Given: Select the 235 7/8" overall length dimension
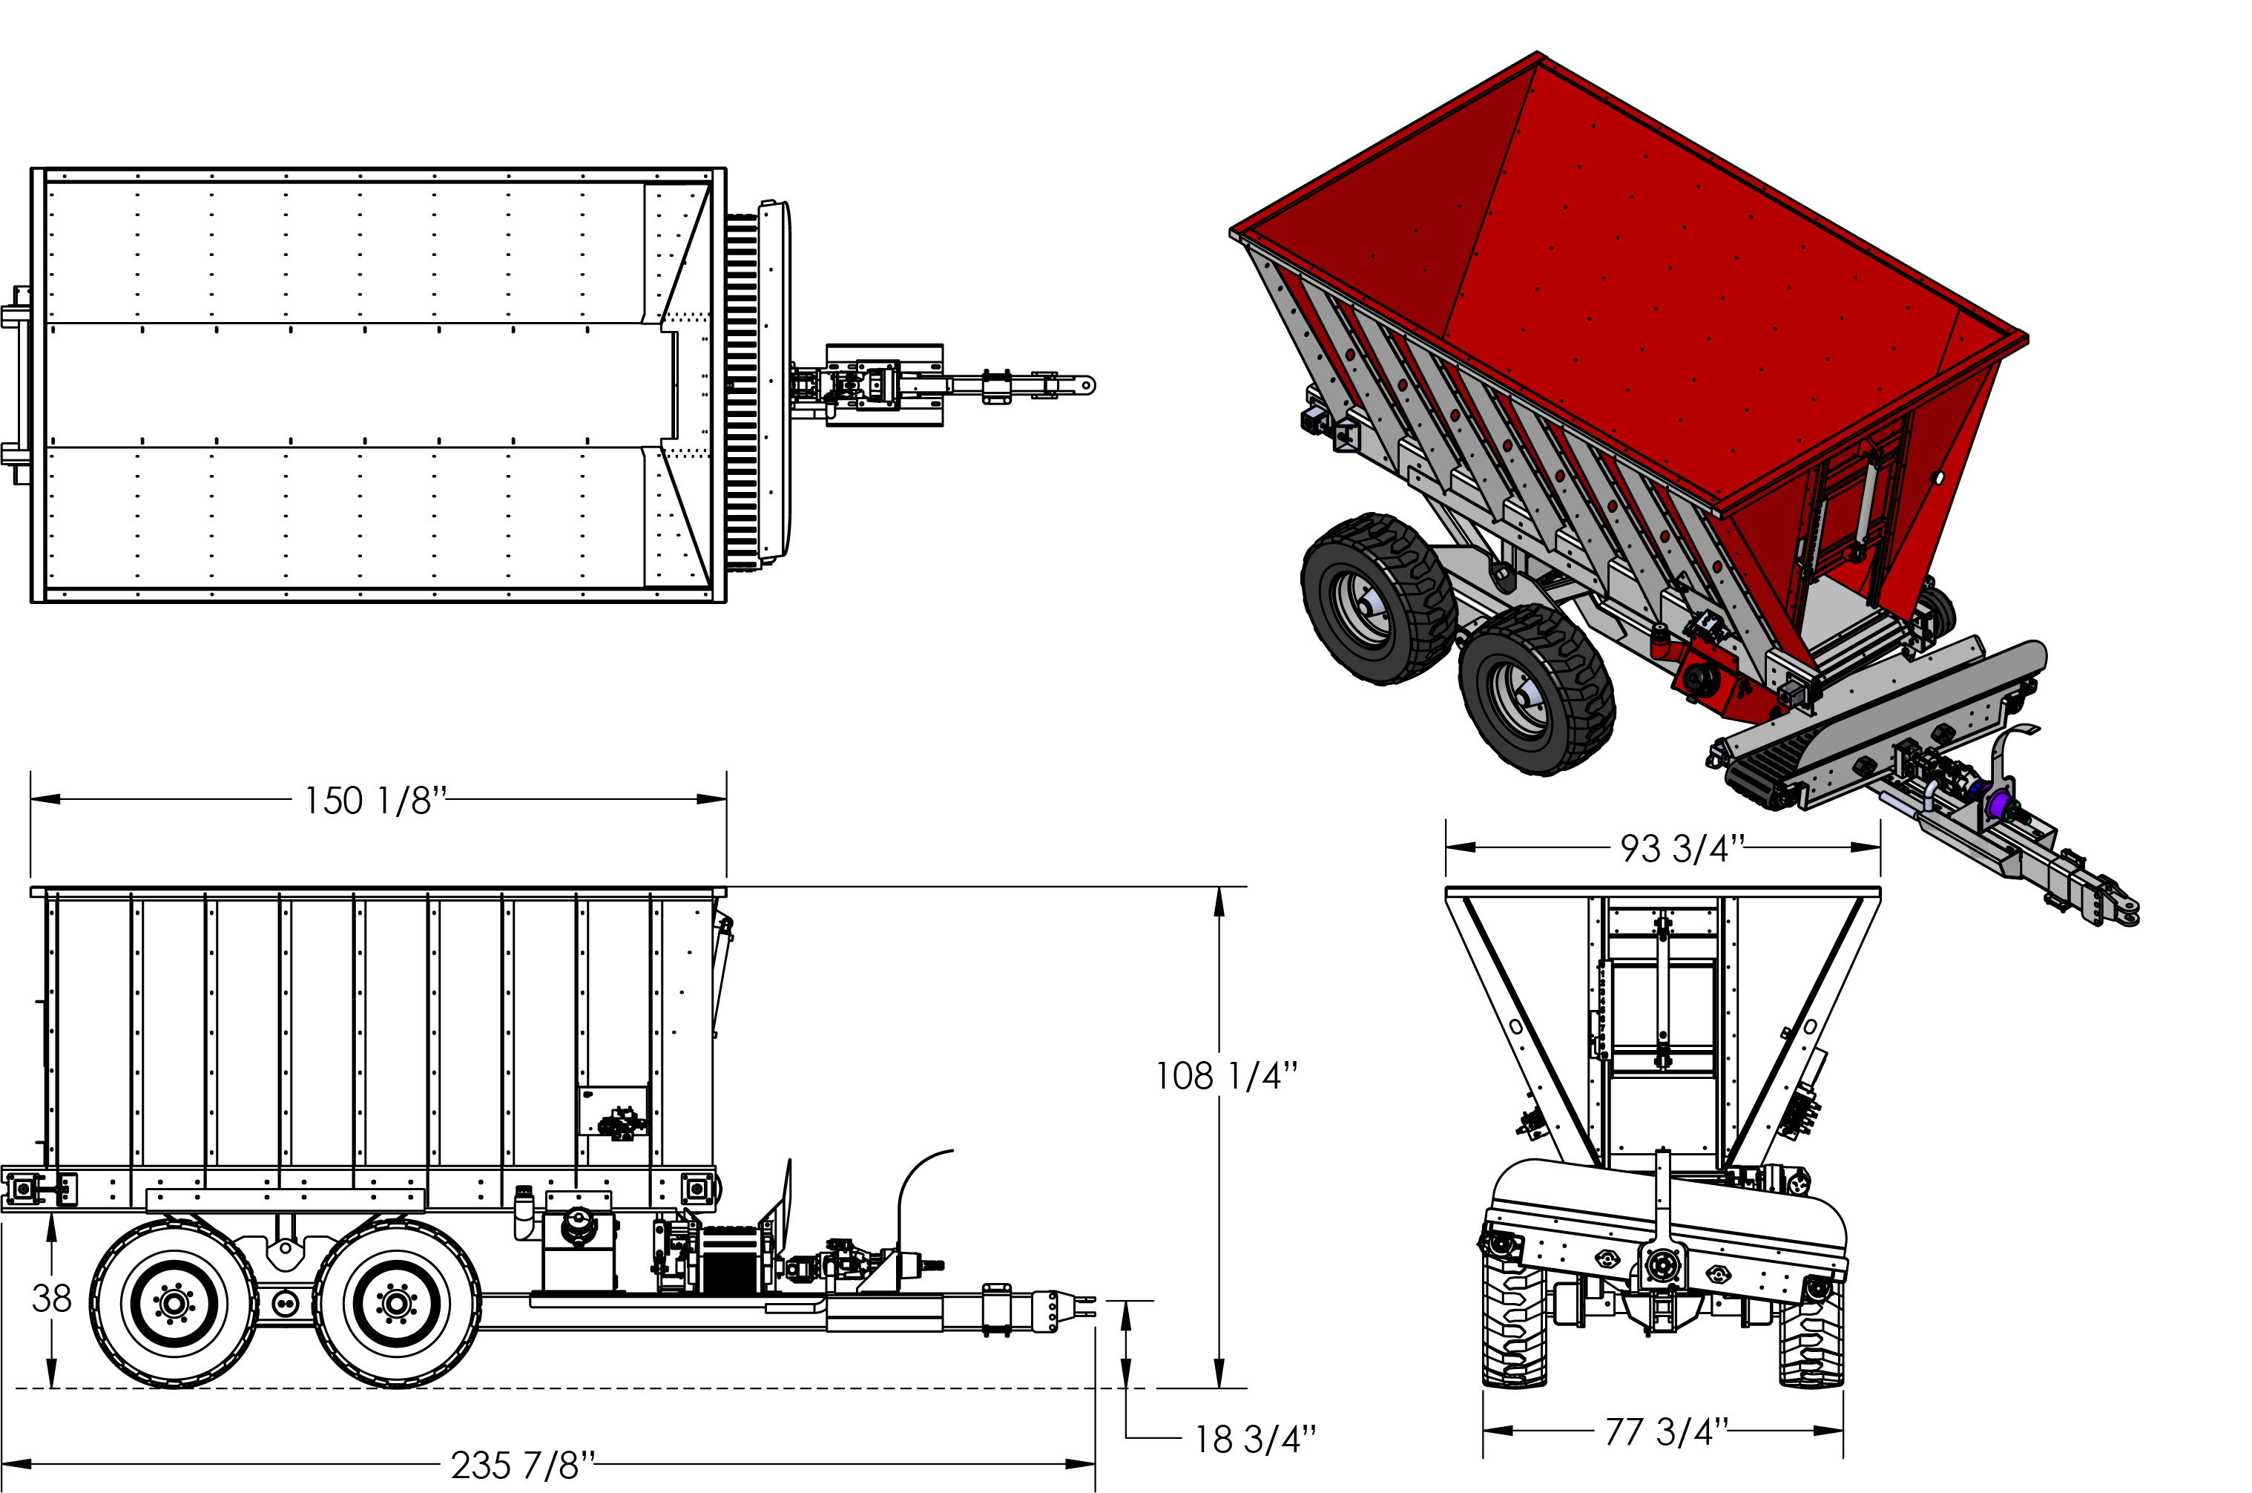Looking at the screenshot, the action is pyautogui.click(x=522, y=1465).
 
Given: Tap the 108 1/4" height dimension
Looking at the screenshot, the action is pyautogui.click(x=1226, y=1076).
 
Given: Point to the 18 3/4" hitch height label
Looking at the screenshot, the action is pyautogui.click(x=1256, y=1439).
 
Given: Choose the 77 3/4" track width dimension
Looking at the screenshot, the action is pyautogui.click(x=1667, y=1430).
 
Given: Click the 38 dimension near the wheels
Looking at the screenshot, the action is pyautogui.click(x=51, y=1298).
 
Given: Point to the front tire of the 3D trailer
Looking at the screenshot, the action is pyautogui.click(x=1536, y=690).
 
